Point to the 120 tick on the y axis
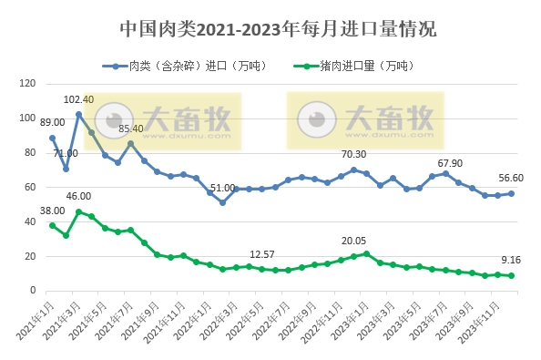pyautogui.click(x=27, y=84)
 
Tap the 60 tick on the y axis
pyautogui.click(x=30, y=187)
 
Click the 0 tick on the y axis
pyautogui.click(x=33, y=291)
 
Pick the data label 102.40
pyautogui.click(x=78, y=98)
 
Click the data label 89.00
pyautogui.click(x=53, y=122)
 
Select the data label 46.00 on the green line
pyautogui.click(x=78, y=196)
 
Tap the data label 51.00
pyautogui.click(x=222, y=187)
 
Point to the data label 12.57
pyautogui.click(x=262, y=254)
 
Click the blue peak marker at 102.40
pyautogui.click(x=79, y=115)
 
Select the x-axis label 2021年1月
pyautogui.click(x=36, y=319)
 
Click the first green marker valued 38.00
pyautogui.click(x=52, y=225)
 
